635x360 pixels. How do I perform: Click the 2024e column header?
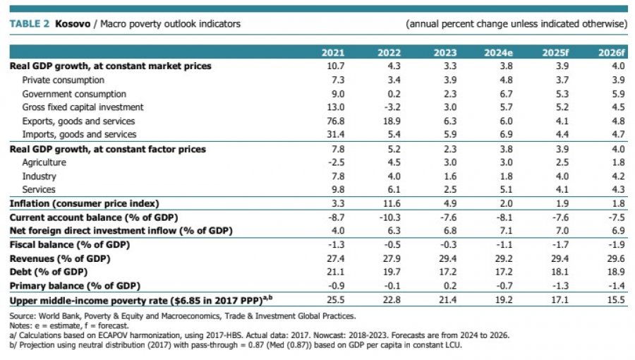[x=498, y=53]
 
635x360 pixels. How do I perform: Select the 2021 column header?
[x=333, y=53]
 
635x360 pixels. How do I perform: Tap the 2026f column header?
[x=612, y=53]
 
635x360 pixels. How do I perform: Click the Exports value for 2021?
[x=336, y=121]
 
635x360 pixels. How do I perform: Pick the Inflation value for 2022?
[x=391, y=203]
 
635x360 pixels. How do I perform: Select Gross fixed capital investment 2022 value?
[x=392, y=107]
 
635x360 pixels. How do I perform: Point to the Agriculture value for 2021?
[x=337, y=162]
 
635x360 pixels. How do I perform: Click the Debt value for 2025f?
[x=560, y=272]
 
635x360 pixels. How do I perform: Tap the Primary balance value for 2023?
[x=450, y=285]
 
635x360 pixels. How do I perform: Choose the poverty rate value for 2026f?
[x=616, y=300]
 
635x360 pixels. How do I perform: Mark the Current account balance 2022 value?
[x=390, y=217]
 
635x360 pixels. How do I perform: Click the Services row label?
[x=39, y=189]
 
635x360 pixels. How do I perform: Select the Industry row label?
[x=40, y=176]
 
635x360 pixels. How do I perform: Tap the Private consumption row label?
[x=64, y=80]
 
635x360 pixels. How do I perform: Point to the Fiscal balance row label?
[x=70, y=245]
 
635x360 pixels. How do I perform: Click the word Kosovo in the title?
[x=73, y=24]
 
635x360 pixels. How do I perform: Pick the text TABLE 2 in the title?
[x=29, y=24]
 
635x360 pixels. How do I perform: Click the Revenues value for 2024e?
[x=504, y=258]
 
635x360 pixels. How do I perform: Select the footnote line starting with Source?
[x=183, y=316]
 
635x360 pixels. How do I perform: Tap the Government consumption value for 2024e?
[x=506, y=94]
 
